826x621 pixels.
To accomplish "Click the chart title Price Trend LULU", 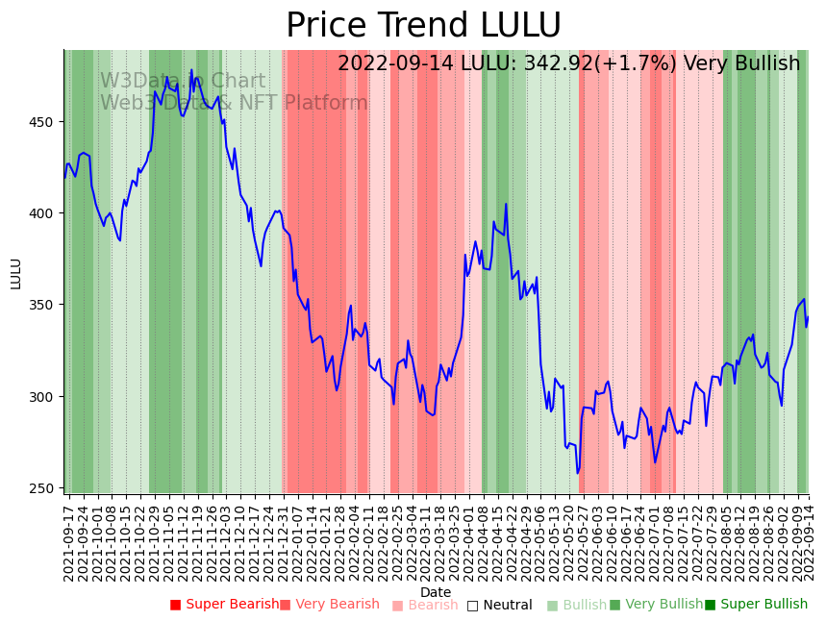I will [x=423, y=26].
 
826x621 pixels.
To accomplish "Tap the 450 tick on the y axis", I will [x=44, y=122].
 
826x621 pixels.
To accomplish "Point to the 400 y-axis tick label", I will [x=44, y=213].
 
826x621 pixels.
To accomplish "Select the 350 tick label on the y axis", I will [x=44, y=305].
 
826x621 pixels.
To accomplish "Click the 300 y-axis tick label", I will [x=44, y=396].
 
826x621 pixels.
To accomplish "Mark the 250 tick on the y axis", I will [x=44, y=487].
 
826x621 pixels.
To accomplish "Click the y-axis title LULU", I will [x=16, y=273].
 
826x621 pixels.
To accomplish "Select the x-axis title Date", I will [x=436, y=593].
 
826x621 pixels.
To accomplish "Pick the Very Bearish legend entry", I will [x=330, y=605].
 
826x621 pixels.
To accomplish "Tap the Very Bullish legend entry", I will [x=656, y=605].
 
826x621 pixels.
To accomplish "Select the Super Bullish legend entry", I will [x=756, y=605].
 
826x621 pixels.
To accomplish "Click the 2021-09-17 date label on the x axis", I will [x=69, y=540].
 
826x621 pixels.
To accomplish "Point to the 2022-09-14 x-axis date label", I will [x=809, y=540].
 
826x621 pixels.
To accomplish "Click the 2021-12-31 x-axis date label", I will [x=285, y=540].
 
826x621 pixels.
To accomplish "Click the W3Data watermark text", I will [x=183, y=82].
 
